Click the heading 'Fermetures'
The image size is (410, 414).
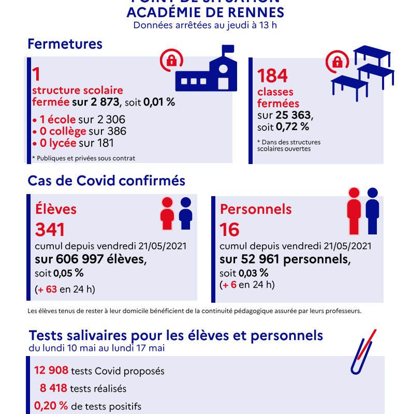65,44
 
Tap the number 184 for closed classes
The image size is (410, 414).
272,76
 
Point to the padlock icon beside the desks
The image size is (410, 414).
336,62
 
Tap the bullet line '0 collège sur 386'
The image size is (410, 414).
79,131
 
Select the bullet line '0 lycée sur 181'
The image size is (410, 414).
73,143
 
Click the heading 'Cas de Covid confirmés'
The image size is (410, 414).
106,181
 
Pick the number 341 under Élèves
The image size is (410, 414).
50,229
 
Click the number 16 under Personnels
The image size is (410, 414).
229,229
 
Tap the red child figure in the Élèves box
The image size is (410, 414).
167,213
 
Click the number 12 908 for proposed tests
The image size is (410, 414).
51,371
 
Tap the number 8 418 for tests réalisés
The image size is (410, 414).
53,388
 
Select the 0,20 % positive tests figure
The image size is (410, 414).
51,406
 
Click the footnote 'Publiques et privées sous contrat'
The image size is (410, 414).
83,158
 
